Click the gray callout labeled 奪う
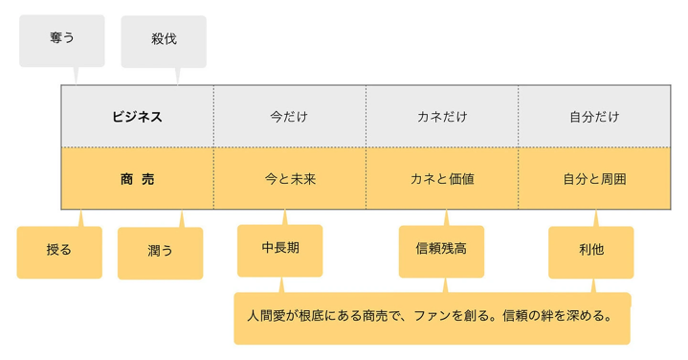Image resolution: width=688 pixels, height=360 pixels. (61, 40)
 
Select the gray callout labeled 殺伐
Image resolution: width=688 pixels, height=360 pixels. (164, 40)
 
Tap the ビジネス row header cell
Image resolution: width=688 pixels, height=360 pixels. (137, 117)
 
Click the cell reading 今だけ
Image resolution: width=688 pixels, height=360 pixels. (289, 117)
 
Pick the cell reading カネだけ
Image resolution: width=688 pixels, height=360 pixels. (442, 117)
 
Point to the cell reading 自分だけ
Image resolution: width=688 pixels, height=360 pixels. (594, 117)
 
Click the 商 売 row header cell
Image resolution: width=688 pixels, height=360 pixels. (137, 178)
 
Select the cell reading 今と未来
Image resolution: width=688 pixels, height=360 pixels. (289, 178)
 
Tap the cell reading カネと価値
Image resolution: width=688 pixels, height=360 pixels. (442, 178)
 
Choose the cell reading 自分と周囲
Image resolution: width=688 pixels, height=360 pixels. (594, 178)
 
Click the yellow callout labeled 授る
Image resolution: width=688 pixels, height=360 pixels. (59, 252)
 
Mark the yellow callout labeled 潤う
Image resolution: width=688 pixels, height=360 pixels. (160, 253)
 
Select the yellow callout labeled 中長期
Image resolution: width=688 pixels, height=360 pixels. (279, 249)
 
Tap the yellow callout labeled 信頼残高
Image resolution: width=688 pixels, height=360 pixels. (441, 250)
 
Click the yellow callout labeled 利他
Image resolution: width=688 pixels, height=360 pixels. (590, 251)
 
